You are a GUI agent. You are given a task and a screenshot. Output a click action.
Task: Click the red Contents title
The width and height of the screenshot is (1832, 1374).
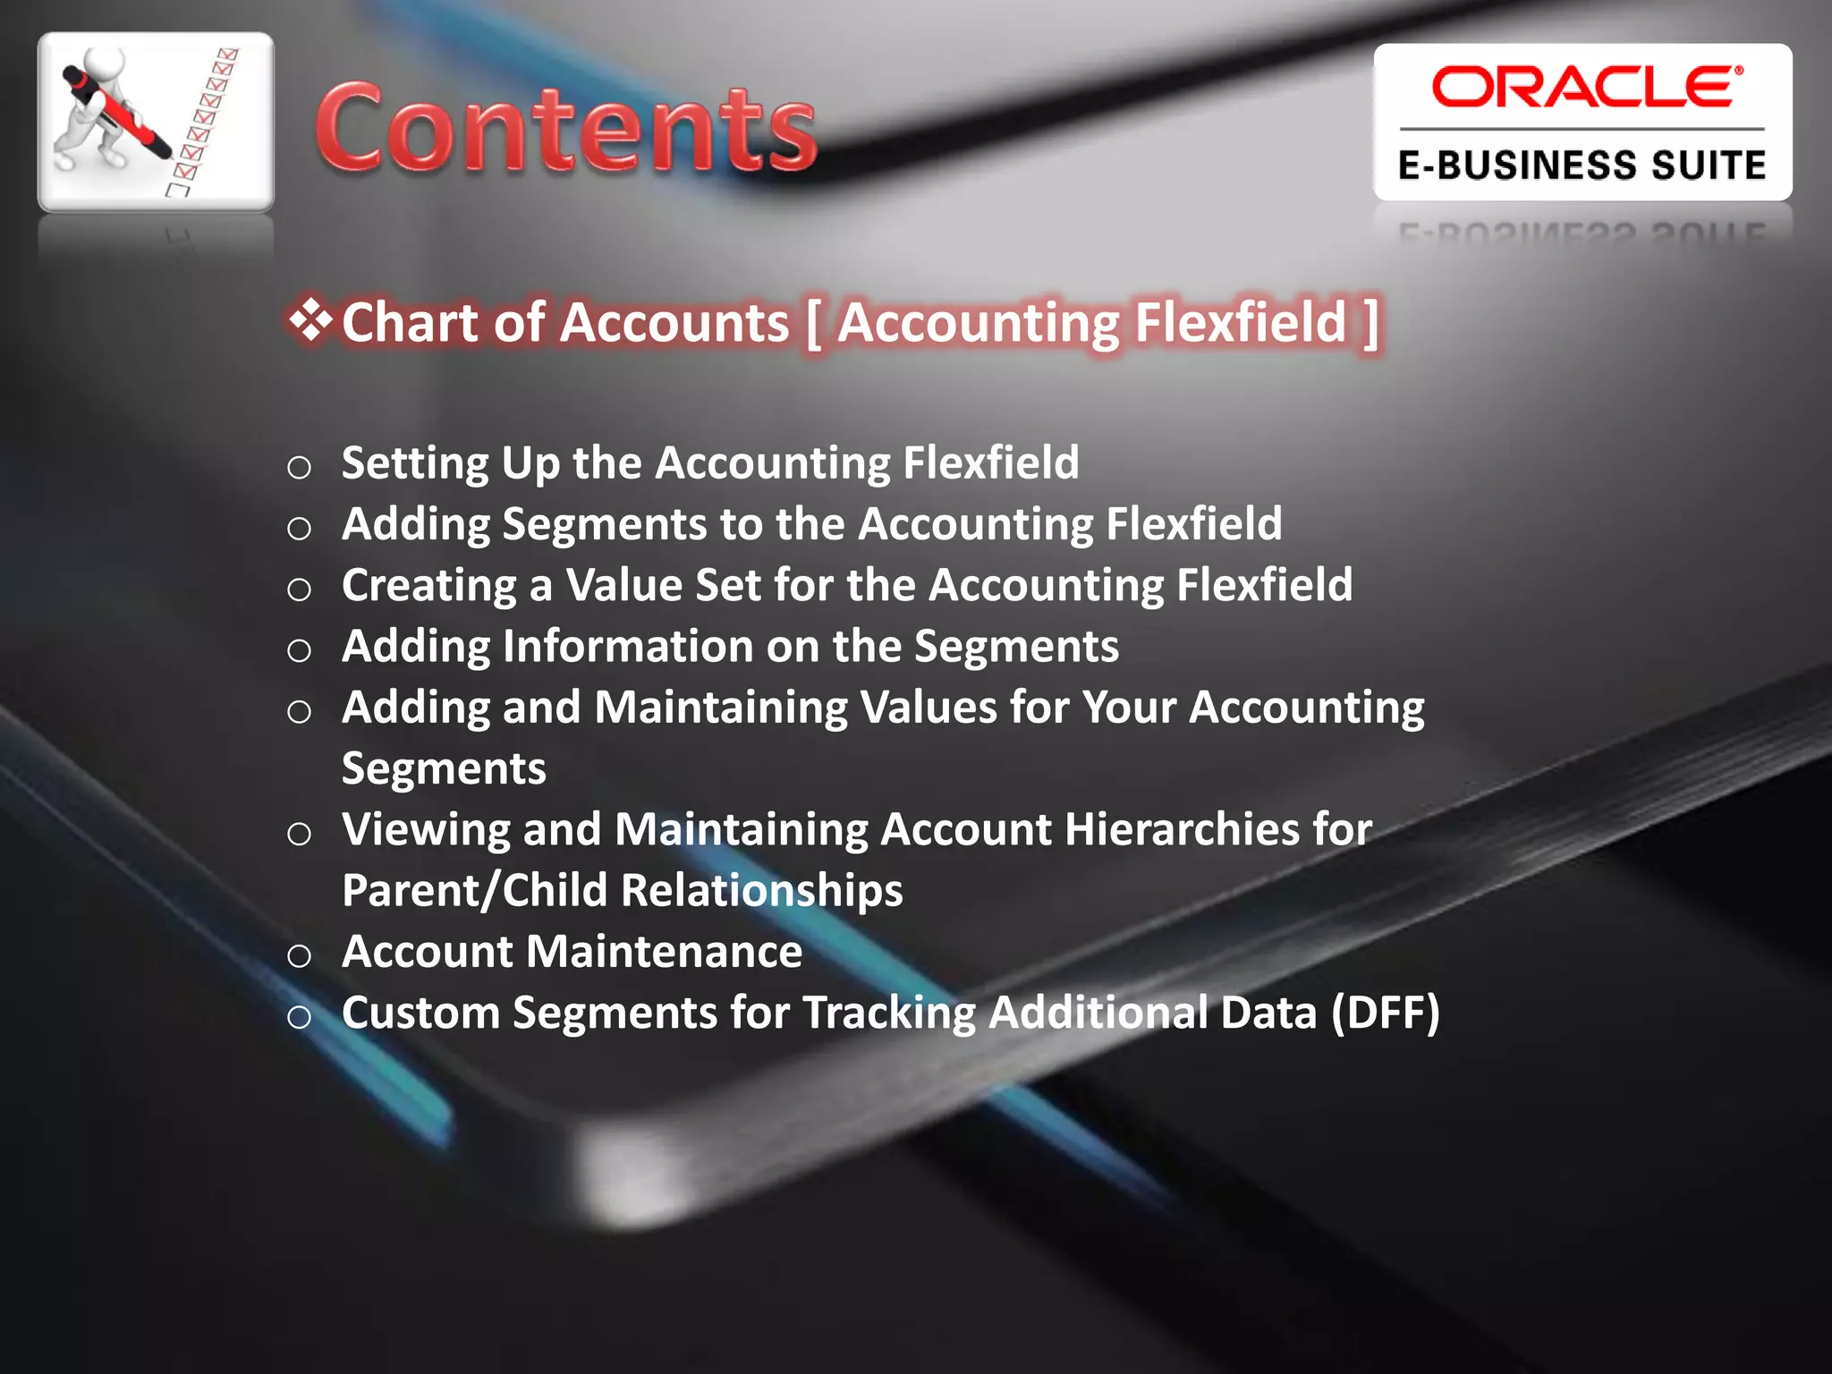[x=565, y=128]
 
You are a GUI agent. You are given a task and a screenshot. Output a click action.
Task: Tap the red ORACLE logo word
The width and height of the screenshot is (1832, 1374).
[x=1585, y=88]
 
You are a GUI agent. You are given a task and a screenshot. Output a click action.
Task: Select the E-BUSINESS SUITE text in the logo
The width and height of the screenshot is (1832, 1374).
[x=1582, y=166]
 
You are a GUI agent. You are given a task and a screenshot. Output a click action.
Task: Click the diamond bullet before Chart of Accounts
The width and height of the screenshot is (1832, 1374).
[x=310, y=319]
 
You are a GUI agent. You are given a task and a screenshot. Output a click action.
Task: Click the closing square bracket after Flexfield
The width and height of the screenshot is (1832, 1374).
[x=1370, y=322]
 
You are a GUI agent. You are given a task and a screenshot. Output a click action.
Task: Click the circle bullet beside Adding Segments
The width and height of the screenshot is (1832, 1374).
[x=300, y=528]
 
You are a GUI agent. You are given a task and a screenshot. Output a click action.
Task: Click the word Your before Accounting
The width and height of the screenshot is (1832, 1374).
[x=1129, y=708]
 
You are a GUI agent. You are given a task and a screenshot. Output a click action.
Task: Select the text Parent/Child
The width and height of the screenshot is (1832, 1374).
[x=474, y=891]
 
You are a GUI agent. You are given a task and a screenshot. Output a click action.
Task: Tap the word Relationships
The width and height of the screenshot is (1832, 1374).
[x=761, y=891]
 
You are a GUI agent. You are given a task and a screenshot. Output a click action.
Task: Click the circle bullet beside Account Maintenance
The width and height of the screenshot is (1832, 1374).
[x=300, y=955]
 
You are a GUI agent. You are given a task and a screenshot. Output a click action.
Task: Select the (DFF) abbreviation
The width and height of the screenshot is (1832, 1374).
[x=1385, y=1013]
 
